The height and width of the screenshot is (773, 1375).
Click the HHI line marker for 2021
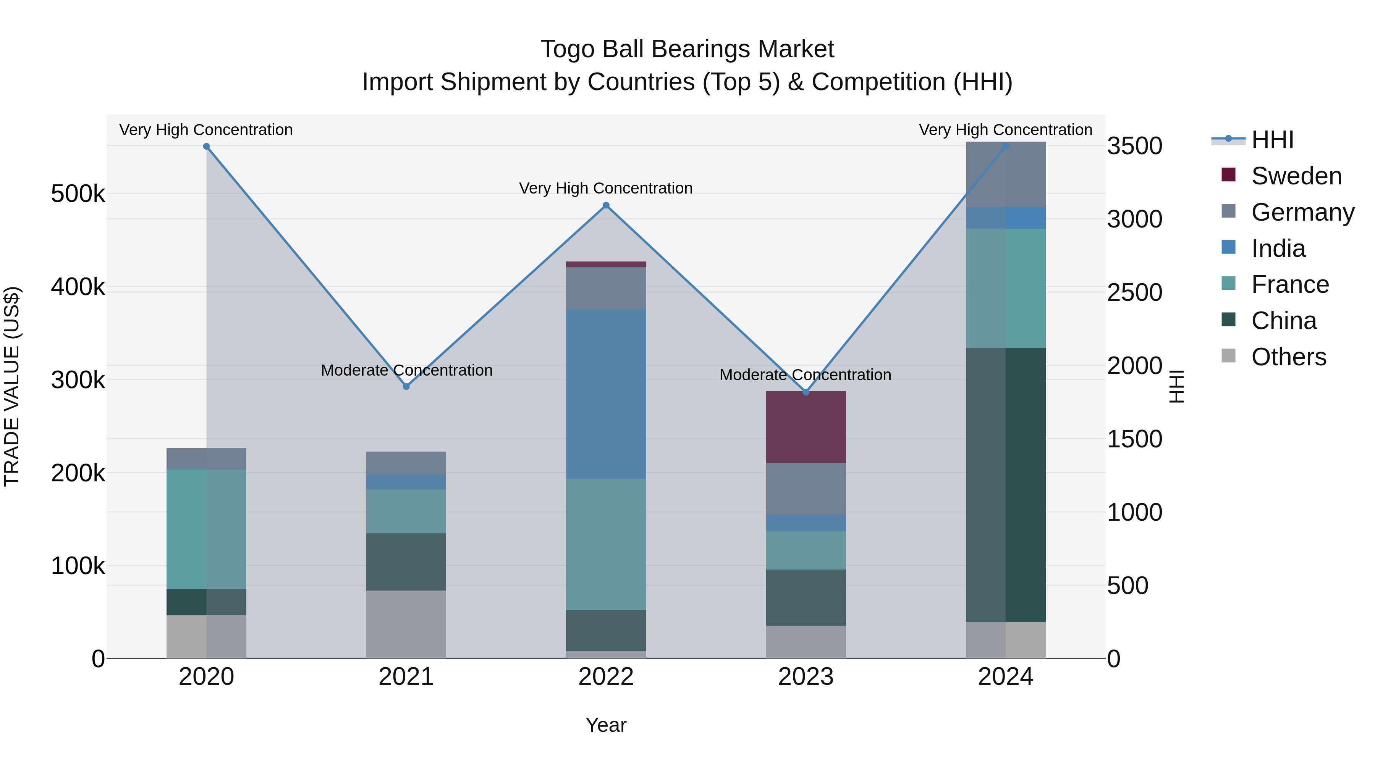(x=406, y=386)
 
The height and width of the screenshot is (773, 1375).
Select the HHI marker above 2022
(x=606, y=205)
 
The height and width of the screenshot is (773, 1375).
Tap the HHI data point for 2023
(x=806, y=392)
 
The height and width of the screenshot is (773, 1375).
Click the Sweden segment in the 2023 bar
(x=806, y=427)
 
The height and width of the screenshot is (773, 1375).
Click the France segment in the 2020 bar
(x=207, y=529)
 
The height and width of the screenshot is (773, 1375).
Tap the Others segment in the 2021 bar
(x=406, y=624)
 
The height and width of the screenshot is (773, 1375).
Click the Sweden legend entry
(x=1296, y=176)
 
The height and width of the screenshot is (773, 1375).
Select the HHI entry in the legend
(x=1273, y=140)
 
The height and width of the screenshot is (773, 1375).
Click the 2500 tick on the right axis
(x=1134, y=292)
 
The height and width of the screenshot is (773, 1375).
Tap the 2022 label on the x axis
(x=606, y=677)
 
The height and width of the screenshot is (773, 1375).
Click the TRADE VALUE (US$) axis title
(x=12, y=386)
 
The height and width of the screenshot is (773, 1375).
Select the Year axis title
(x=606, y=725)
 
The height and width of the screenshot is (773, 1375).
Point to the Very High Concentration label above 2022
(x=606, y=188)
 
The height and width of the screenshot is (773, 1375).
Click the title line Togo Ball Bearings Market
(x=687, y=49)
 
